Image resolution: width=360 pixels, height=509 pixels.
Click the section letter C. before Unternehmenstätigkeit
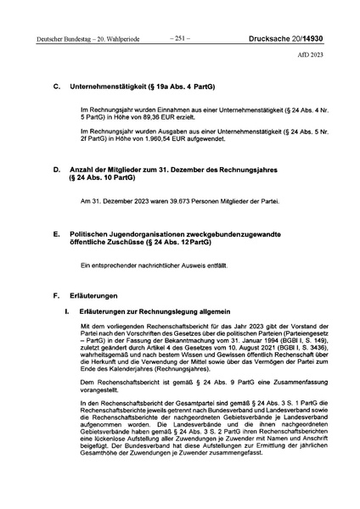click(x=56, y=87)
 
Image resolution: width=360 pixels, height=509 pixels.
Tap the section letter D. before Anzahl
click(x=56, y=170)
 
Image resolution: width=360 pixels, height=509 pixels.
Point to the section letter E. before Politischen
click(x=56, y=232)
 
